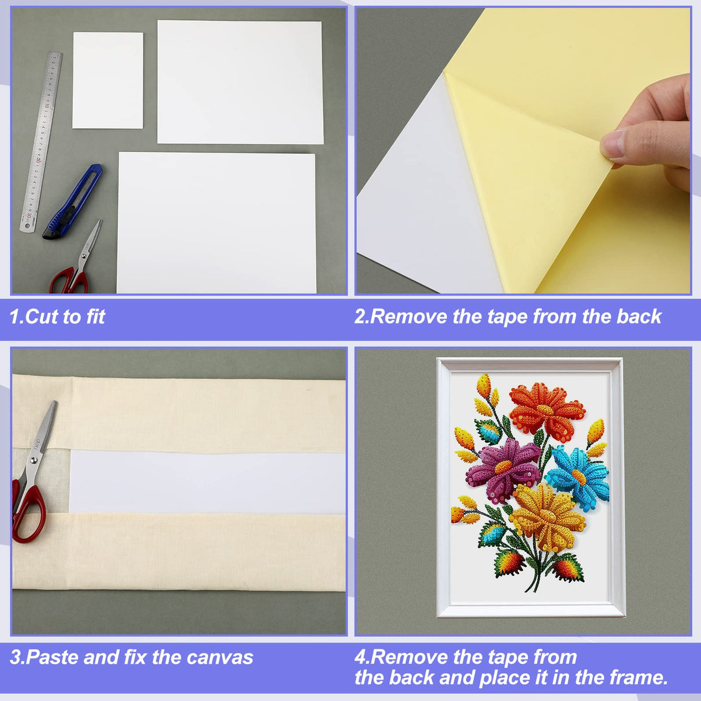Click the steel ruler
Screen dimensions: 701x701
click(41, 142)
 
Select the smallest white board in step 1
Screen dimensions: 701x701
click(107, 80)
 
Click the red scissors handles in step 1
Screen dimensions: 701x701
click(68, 279)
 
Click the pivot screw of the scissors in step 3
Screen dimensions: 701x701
click(34, 460)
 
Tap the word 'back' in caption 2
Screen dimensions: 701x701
click(639, 316)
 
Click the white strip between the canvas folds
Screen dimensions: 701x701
click(207, 483)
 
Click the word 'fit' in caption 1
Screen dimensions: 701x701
click(96, 316)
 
